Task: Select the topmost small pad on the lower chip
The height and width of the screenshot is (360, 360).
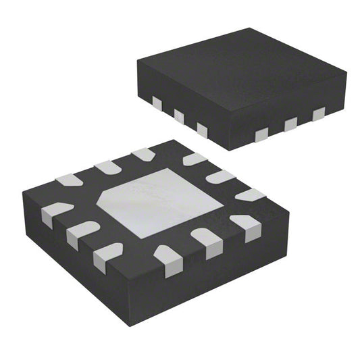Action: click(145, 155)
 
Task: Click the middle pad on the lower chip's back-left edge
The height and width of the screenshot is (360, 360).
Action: click(107, 167)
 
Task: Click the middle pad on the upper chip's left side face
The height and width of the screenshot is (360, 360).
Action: click(179, 115)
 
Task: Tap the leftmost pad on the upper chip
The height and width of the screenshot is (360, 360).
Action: click(156, 103)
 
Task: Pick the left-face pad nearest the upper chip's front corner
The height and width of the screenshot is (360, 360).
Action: click(202, 128)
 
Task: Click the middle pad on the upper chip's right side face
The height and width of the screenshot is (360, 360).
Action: click(290, 124)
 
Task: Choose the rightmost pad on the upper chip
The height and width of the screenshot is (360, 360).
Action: click(318, 113)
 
